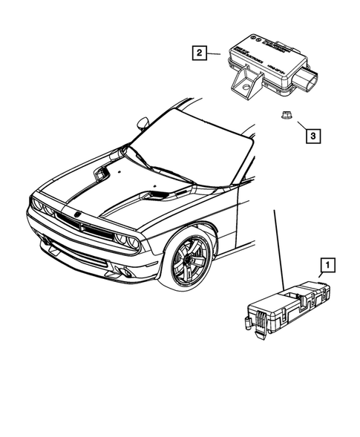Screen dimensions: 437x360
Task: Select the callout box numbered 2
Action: pos(198,53)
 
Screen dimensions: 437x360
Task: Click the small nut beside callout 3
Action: pos(285,114)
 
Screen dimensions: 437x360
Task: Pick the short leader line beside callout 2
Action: pos(215,53)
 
